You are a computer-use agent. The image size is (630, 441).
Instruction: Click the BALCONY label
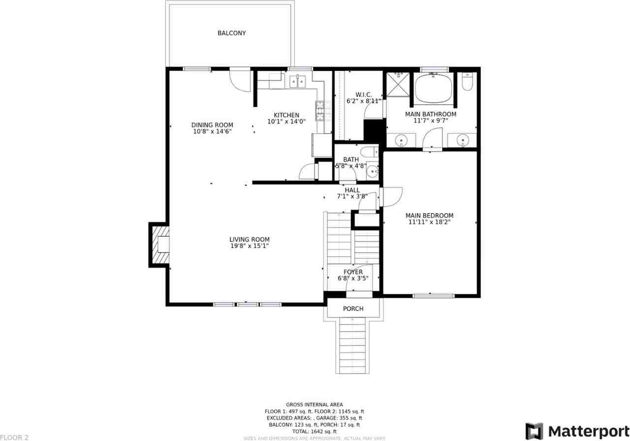[x=231, y=33]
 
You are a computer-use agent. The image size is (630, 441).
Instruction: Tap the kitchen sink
[x=297, y=81]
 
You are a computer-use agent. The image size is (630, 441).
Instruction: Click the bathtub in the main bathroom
[x=433, y=88]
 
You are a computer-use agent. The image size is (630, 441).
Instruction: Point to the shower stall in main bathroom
[x=398, y=84]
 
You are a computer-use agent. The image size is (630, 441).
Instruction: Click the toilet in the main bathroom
[x=468, y=82]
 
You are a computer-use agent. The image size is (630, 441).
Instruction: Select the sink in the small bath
[x=373, y=171]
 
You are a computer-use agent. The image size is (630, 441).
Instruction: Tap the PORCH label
[x=353, y=309]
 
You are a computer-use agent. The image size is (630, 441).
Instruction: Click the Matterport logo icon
[x=534, y=431]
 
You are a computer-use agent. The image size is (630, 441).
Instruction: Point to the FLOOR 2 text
[x=14, y=437]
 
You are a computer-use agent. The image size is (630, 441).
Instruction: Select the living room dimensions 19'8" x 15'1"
[x=250, y=246]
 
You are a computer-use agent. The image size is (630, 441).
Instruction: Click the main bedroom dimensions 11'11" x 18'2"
[x=429, y=222]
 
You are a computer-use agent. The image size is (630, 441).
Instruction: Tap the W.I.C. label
[x=363, y=94]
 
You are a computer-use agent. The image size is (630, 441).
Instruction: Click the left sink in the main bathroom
[x=402, y=140]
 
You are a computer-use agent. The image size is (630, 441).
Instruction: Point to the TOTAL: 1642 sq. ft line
[x=314, y=431]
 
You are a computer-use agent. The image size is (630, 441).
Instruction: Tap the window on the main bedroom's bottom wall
[x=433, y=296]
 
